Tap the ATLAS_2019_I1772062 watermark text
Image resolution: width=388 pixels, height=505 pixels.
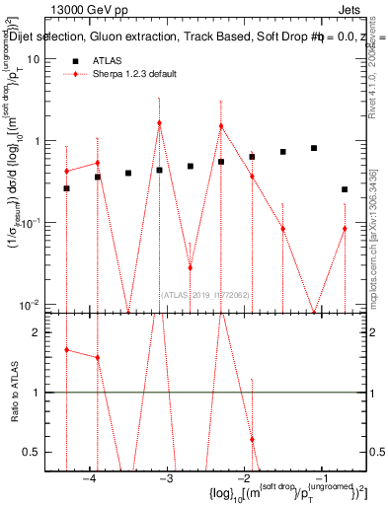[206, 293]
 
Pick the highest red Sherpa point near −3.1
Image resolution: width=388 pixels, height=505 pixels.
[159, 123]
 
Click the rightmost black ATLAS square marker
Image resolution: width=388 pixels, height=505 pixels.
[345, 189]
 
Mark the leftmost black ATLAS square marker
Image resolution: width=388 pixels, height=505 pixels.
[66, 188]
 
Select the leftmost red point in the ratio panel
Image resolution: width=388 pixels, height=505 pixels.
[66, 350]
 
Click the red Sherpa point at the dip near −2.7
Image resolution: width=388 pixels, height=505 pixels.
[190, 267]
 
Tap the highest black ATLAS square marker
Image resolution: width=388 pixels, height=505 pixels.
[314, 148]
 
